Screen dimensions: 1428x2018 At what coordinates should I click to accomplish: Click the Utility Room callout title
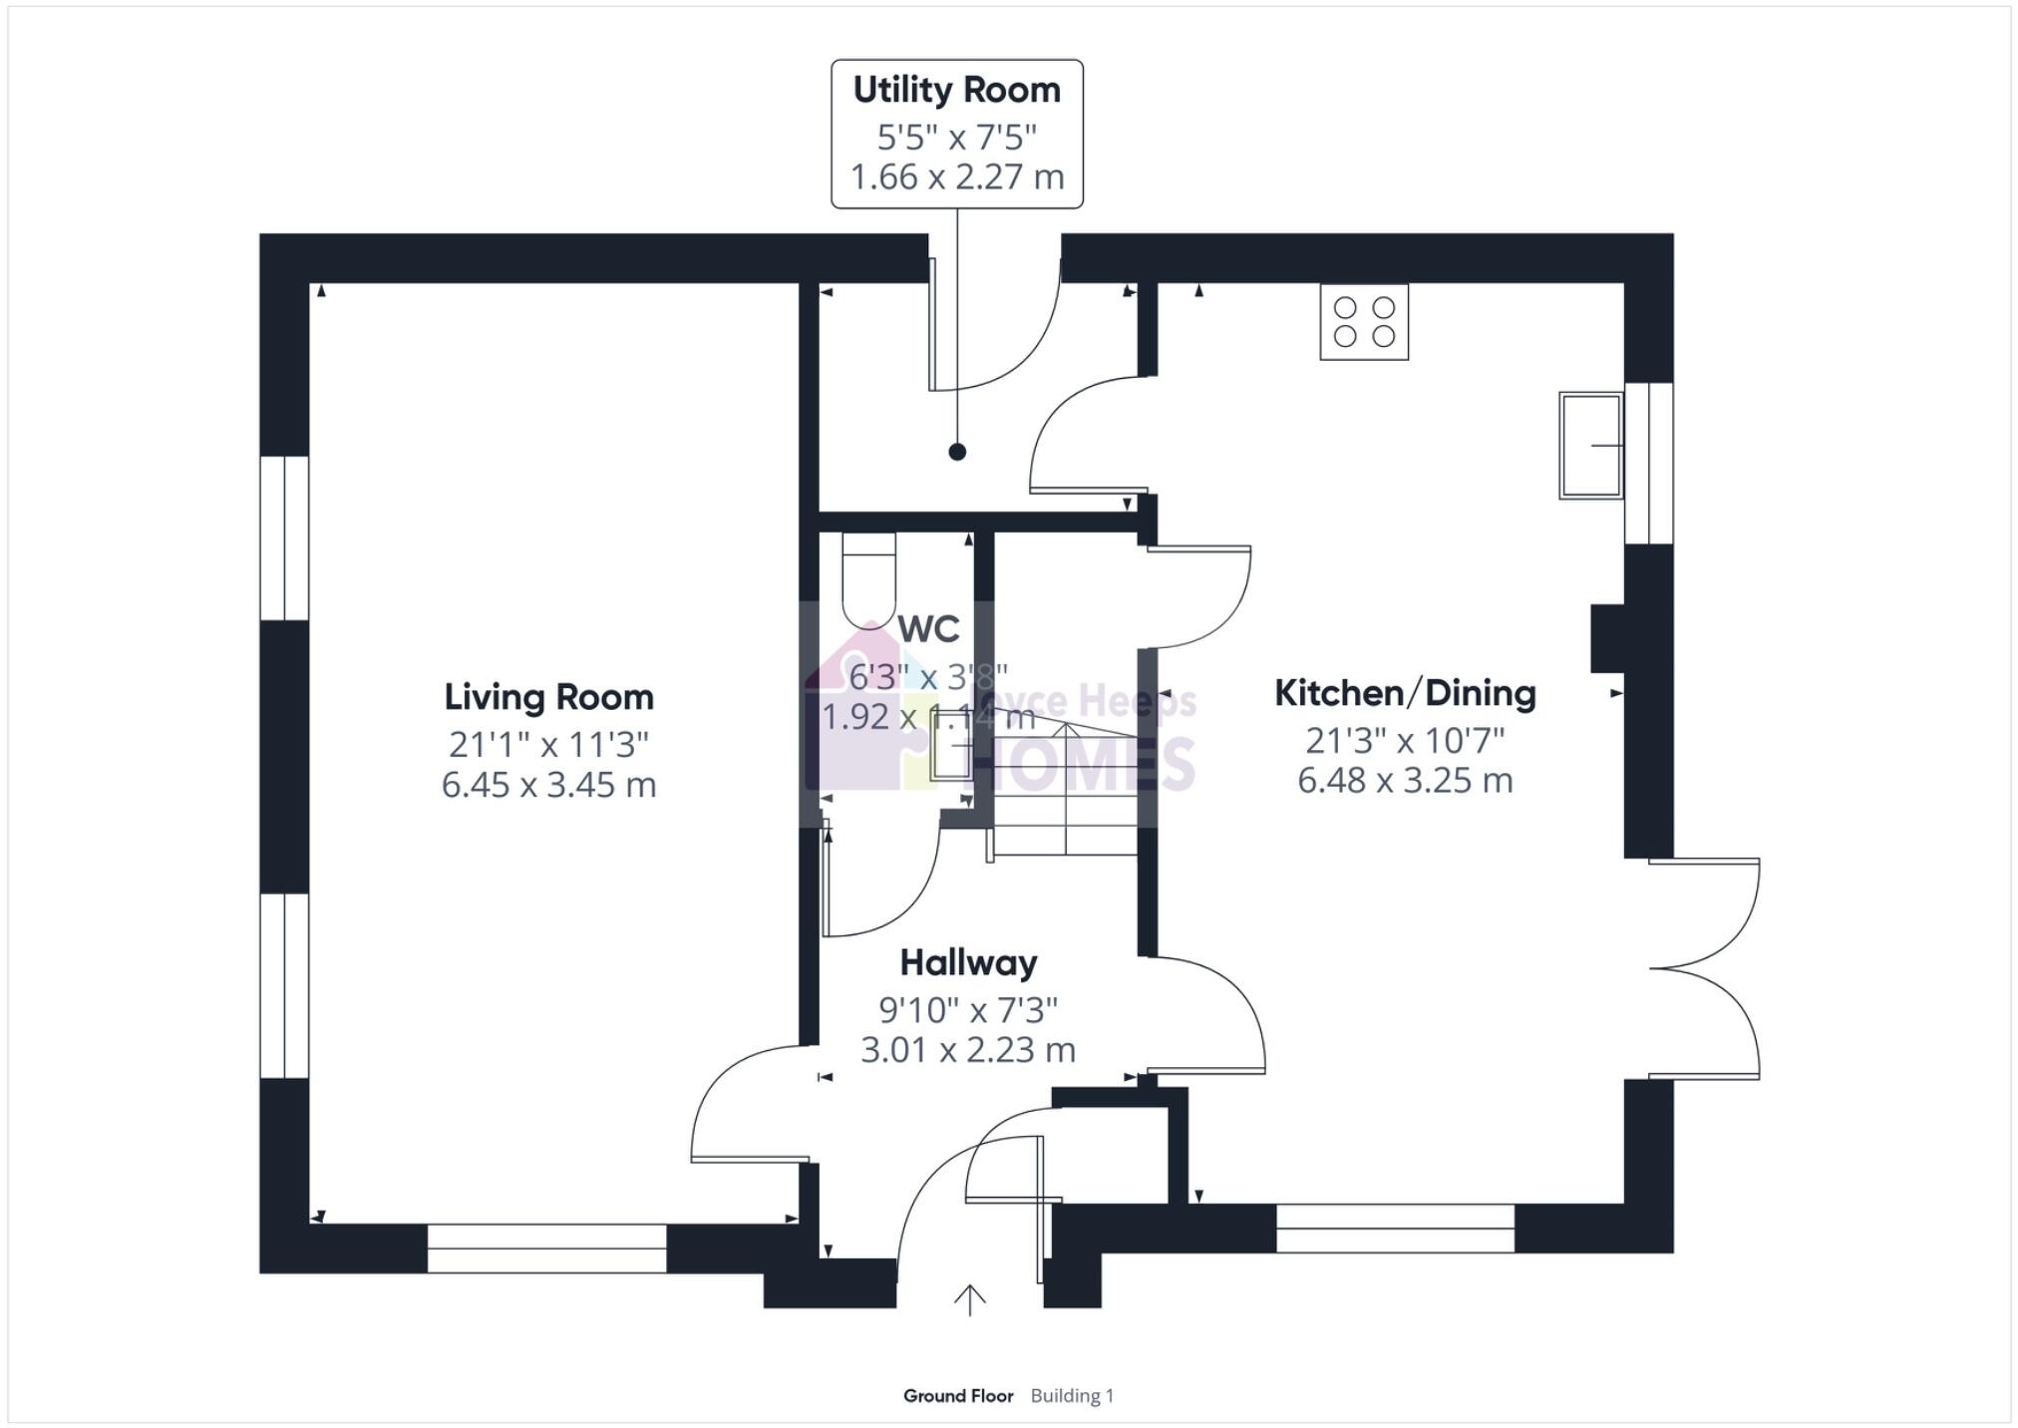pyautogui.click(x=956, y=90)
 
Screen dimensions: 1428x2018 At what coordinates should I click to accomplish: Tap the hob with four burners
pyautogui.click(x=1363, y=321)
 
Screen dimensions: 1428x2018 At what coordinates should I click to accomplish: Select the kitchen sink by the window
pyautogui.click(x=1590, y=445)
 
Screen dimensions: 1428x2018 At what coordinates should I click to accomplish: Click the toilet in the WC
pyautogui.click(x=868, y=583)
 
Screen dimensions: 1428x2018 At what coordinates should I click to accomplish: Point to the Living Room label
pyautogui.click(x=548, y=697)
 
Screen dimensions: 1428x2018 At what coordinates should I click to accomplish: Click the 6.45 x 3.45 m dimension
pyautogui.click(x=548, y=785)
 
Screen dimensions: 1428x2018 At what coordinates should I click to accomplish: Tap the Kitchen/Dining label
pyautogui.click(x=1404, y=693)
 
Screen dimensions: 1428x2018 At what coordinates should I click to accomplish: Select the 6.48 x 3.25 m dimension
pyautogui.click(x=1404, y=780)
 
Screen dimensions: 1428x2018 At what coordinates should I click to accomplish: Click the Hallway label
pyautogui.click(x=968, y=962)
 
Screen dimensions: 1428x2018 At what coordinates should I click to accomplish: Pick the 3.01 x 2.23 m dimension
pyautogui.click(x=968, y=1050)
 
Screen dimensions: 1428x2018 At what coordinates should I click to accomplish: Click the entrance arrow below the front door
pyautogui.click(x=969, y=1299)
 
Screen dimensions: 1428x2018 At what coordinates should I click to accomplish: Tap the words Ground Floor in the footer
pyautogui.click(x=957, y=1396)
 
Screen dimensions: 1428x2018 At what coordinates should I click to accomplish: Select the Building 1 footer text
pyautogui.click(x=1072, y=1396)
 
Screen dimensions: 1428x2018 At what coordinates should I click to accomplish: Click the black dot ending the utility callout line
pyautogui.click(x=957, y=452)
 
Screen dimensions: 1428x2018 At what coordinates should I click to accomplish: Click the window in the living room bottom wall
pyautogui.click(x=546, y=1249)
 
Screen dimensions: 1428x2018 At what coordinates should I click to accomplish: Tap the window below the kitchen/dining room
pyautogui.click(x=1394, y=1229)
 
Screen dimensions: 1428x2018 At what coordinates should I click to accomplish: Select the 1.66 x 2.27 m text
pyautogui.click(x=956, y=177)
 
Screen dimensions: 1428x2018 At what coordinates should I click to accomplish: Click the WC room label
pyautogui.click(x=928, y=629)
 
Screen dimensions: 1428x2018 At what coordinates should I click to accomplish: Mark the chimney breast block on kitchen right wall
pyautogui.click(x=1606, y=637)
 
